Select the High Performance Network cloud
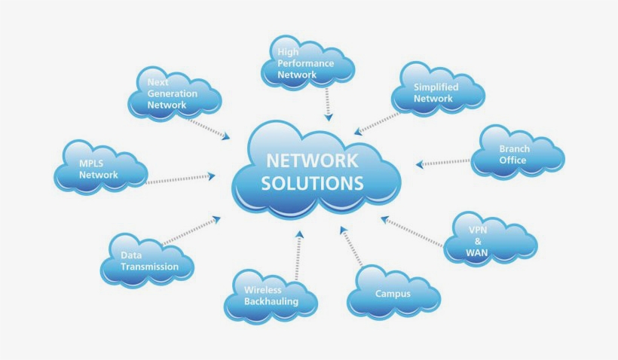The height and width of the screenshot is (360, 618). [x=307, y=63]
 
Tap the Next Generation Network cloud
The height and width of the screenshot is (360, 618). [x=174, y=94]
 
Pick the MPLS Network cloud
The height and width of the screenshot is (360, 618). [x=100, y=169]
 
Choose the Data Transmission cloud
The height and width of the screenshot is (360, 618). [x=148, y=261]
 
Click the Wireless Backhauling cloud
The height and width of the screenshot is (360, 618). [x=271, y=295]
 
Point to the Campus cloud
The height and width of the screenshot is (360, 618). [x=393, y=293]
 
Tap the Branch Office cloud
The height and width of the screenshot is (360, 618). [x=517, y=154]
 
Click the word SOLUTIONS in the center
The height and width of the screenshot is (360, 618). [x=312, y=183]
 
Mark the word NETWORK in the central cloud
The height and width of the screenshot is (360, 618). [x=312, y=160]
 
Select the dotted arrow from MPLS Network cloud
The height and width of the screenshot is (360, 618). [x=179, y=178]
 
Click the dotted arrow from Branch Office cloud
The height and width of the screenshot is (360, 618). [x=443, y=162]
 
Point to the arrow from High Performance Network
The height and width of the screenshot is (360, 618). [x=327, y=103]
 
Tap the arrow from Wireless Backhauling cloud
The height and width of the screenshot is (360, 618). [x=298, y=255]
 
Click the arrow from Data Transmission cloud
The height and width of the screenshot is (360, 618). [x=191, y=230]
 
